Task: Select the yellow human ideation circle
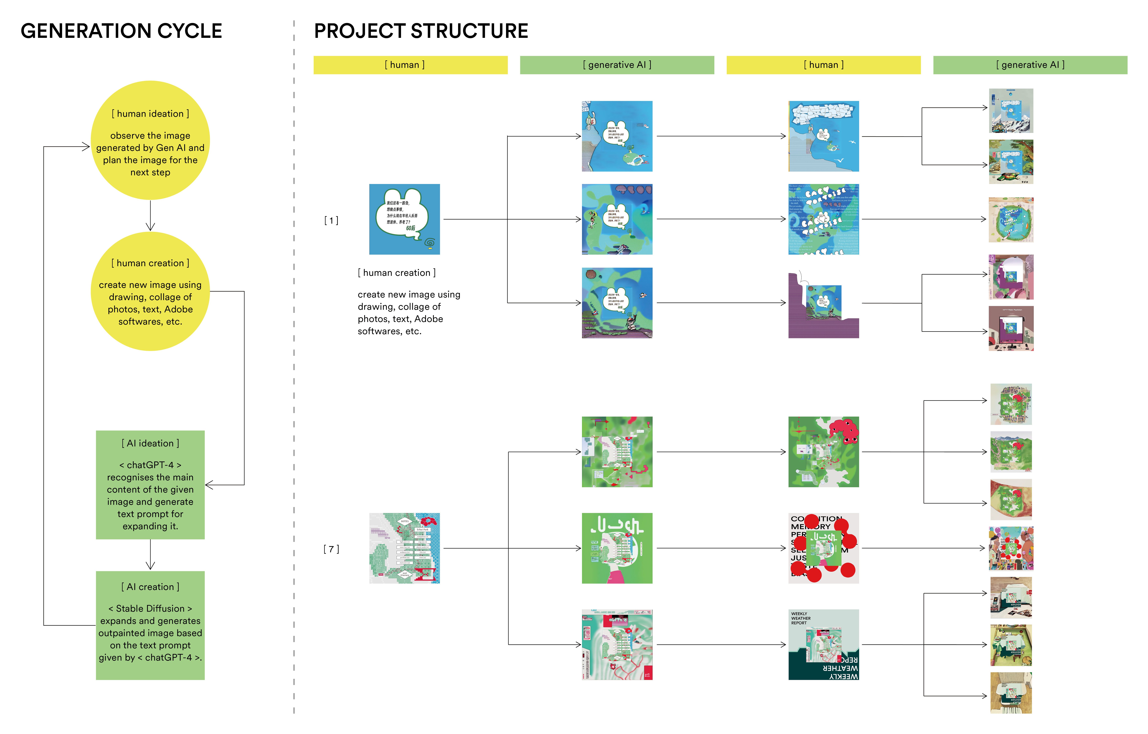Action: [x=150, y=140]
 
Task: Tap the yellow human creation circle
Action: [x=150, y=291]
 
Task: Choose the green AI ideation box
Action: [x=150, y=485]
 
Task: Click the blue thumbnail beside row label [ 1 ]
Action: [x=404, y=219]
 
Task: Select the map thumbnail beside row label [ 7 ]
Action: [x=404, y=548]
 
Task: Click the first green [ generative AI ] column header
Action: [x=617, y=65]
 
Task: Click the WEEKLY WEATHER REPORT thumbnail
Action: [x=823, y=644]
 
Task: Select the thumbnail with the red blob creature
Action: [x=823, y=452]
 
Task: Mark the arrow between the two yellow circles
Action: [x=150, y=216]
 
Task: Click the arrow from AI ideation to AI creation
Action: [x=150, y=555]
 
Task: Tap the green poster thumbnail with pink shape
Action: [x=617, y=548]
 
